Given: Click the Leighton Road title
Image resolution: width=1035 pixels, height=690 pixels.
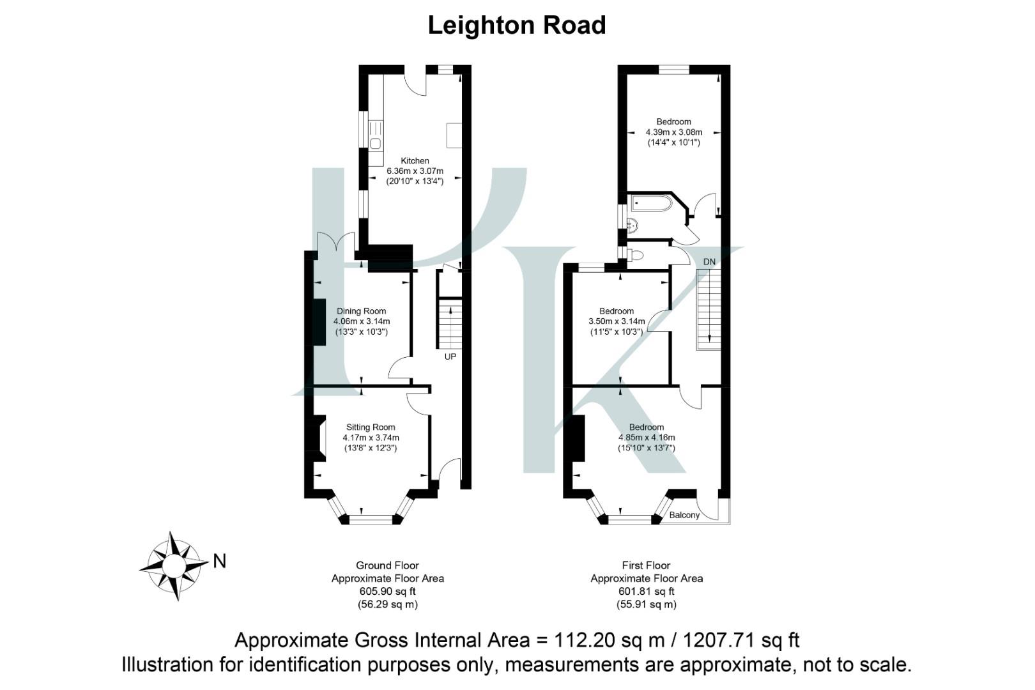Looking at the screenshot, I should (516, 26).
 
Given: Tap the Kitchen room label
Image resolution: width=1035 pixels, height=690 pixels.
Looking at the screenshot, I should (415, 161).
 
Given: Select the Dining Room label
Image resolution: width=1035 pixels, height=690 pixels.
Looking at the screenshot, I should (362, 311).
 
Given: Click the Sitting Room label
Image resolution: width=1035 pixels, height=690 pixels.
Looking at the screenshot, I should (371, 427).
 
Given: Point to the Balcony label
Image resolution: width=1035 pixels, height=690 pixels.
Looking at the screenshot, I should (684, 515).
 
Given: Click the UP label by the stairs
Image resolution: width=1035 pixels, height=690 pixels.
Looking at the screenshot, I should (450, 356).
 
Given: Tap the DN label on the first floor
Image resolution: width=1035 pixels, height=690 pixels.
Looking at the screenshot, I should (709, 262).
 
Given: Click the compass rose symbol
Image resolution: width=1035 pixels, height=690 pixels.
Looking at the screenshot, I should (173, 565).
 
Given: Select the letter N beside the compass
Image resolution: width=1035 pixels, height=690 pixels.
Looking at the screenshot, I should (220, 562).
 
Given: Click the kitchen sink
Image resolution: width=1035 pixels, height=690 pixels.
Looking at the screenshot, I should (375, 142).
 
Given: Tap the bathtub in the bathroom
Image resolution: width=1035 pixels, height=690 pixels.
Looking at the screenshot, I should (651, 203).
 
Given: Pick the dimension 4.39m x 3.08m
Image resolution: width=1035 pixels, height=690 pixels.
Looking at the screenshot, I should (673, 132).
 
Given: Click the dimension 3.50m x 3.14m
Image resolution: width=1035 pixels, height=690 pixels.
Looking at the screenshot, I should (617, 321).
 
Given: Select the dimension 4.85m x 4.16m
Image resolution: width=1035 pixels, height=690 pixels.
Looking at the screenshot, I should (647, 438).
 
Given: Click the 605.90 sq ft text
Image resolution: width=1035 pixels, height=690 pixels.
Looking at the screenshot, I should (387, 592).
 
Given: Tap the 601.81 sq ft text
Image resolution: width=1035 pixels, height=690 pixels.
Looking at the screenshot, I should (646, 592).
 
